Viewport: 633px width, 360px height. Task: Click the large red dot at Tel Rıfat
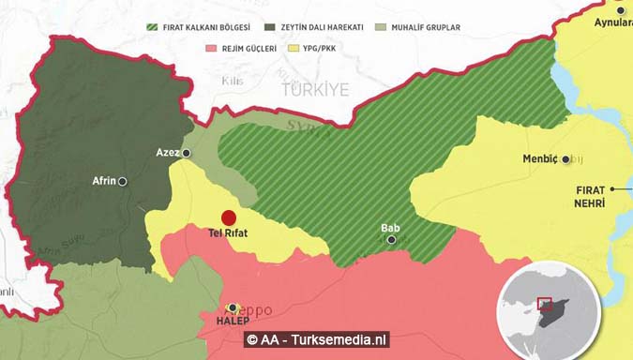pos(229,217)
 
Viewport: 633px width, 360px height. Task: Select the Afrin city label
pos(103,181)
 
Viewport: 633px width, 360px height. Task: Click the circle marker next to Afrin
pos(123,181)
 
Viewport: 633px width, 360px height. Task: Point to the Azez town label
pos(167,152)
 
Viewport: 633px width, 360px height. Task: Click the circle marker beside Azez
pos(187,152)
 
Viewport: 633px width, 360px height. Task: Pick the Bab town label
pos(390,227)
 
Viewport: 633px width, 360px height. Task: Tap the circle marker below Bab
pos(391,240)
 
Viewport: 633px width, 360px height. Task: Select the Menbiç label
pos(540,158)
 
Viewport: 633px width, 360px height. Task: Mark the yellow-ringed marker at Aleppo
pos(233,307)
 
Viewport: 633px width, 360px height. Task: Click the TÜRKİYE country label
pos(313,89)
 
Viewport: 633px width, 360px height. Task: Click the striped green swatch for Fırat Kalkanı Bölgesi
pos(151,27)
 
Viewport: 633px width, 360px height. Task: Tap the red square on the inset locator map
pos(545,305)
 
